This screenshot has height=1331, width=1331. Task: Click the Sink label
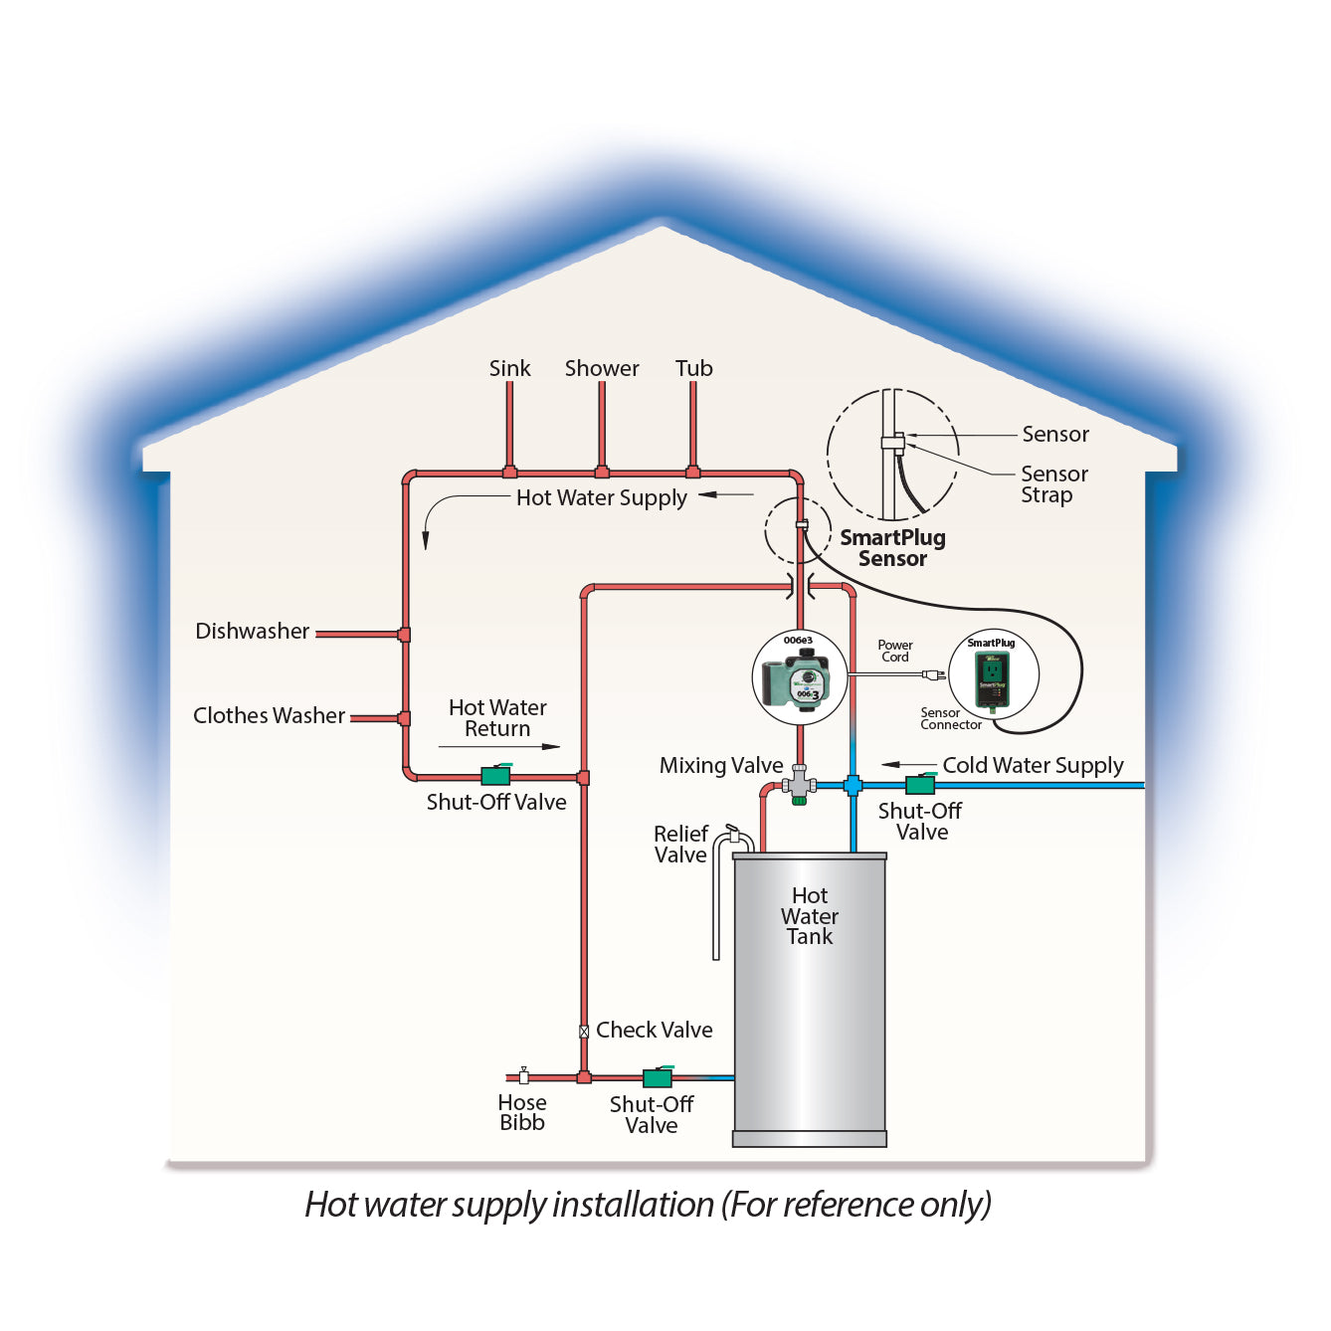(x=509, y=369)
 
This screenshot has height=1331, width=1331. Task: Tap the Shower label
(x=602, y=369)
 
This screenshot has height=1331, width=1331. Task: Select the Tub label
(x=693, y=369)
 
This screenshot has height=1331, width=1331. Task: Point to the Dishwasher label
(x=252, y=632)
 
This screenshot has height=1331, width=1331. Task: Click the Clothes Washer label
(x=269, y=716)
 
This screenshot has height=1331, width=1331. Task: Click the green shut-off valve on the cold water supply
(x=920, y=784)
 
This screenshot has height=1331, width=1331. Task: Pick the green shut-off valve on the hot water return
(x=495, y=775)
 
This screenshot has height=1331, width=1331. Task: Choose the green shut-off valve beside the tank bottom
(x=658, y=1076)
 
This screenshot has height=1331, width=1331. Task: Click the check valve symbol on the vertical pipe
(x=584, y=1032)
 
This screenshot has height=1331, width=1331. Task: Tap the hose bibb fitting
(x=523, y=1075)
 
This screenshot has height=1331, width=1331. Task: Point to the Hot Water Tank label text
(x=810, y=916)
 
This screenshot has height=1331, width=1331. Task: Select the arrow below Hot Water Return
(x=498, y=746)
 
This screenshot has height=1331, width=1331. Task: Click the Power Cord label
(x=895, y=652)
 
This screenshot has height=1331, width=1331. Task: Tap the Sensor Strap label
(x=1053, y=484)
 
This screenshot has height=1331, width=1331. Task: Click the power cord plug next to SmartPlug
(x=933, y=675)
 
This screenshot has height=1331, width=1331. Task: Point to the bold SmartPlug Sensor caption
(x=892, y=548)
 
